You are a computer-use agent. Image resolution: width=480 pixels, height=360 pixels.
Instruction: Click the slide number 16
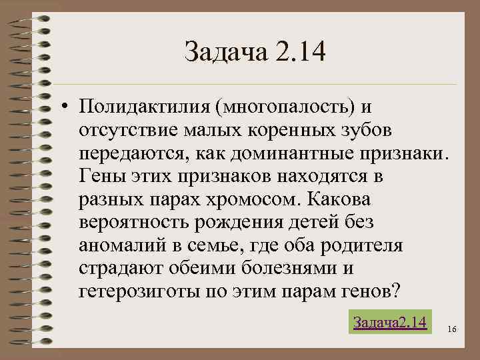click(452, 329)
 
